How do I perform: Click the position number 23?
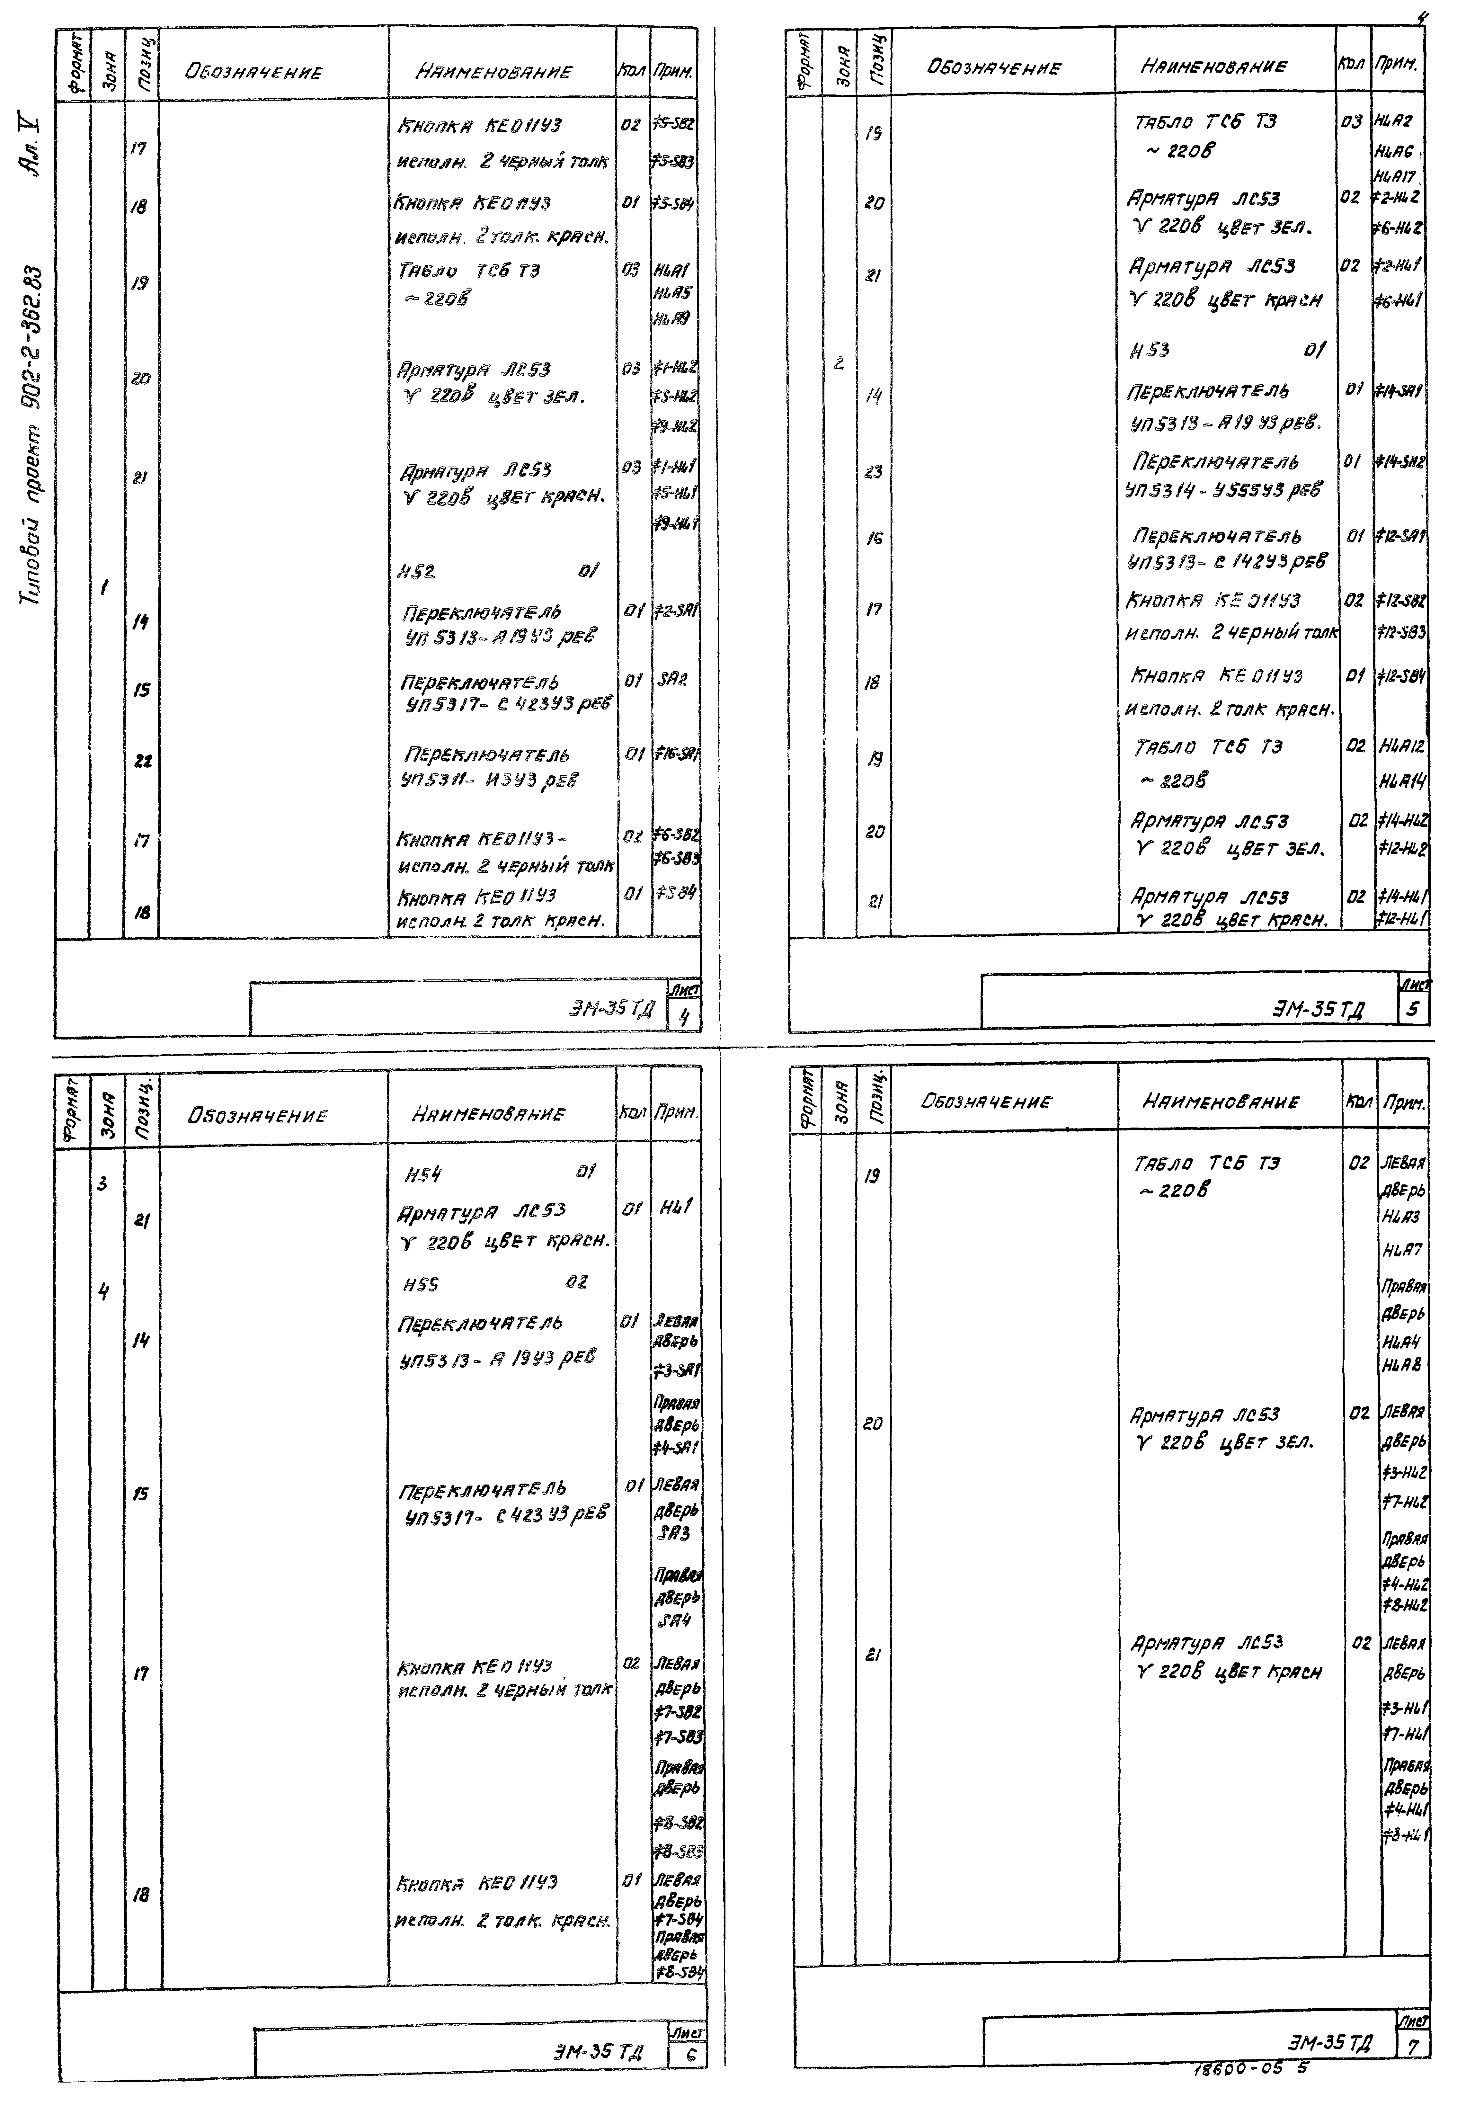point(874,472)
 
